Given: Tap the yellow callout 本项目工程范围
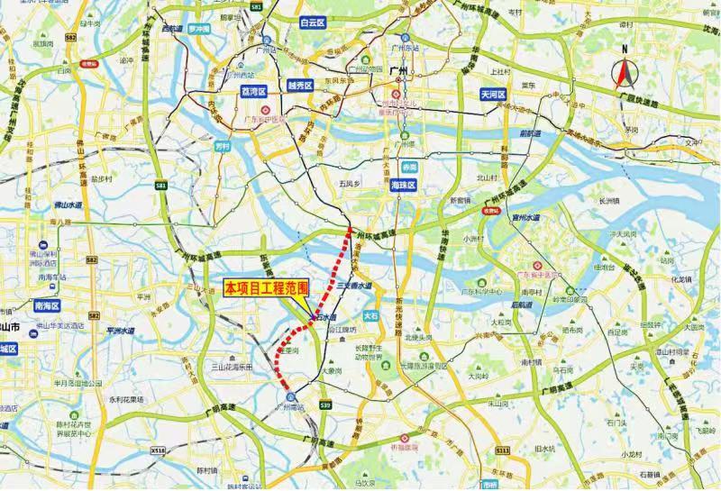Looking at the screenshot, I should (266, 288).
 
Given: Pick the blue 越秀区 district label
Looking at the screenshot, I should (299, 86).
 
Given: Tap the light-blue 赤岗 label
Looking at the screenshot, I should (410, 167).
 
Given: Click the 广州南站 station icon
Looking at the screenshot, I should (290, 396).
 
